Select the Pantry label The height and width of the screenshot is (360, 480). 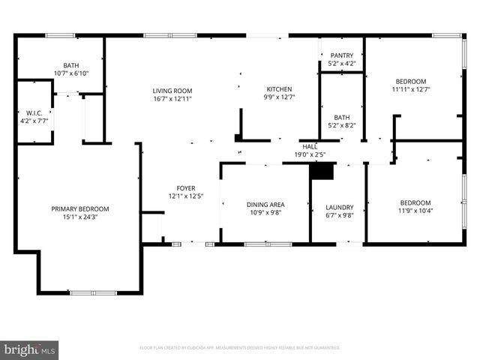[341, 55]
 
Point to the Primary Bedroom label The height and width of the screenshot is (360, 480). [80, 209]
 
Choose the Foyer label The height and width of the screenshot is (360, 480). [185, 188]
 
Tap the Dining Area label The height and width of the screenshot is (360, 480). [265, 204]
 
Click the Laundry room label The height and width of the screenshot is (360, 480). [339, 208]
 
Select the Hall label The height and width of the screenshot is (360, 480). [310, 147]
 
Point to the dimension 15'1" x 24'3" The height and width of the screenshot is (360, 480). [80, 217]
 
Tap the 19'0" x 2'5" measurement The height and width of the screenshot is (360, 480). [310, 155]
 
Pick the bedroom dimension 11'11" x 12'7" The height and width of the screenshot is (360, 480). [411, 89]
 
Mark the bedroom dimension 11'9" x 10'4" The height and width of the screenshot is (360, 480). [415, 211]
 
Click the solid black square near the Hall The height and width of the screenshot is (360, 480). [322, 171]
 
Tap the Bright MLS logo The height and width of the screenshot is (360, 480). [30, 349]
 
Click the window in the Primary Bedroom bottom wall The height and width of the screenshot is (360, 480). [93, 292]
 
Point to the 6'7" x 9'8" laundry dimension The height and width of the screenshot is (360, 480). [339, 216]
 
